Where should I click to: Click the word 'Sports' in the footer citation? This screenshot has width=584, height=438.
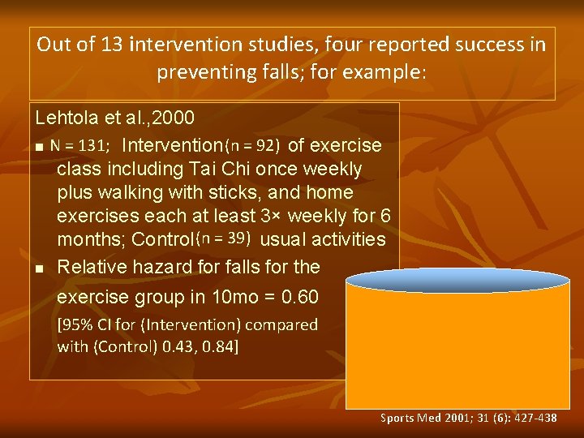397,419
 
